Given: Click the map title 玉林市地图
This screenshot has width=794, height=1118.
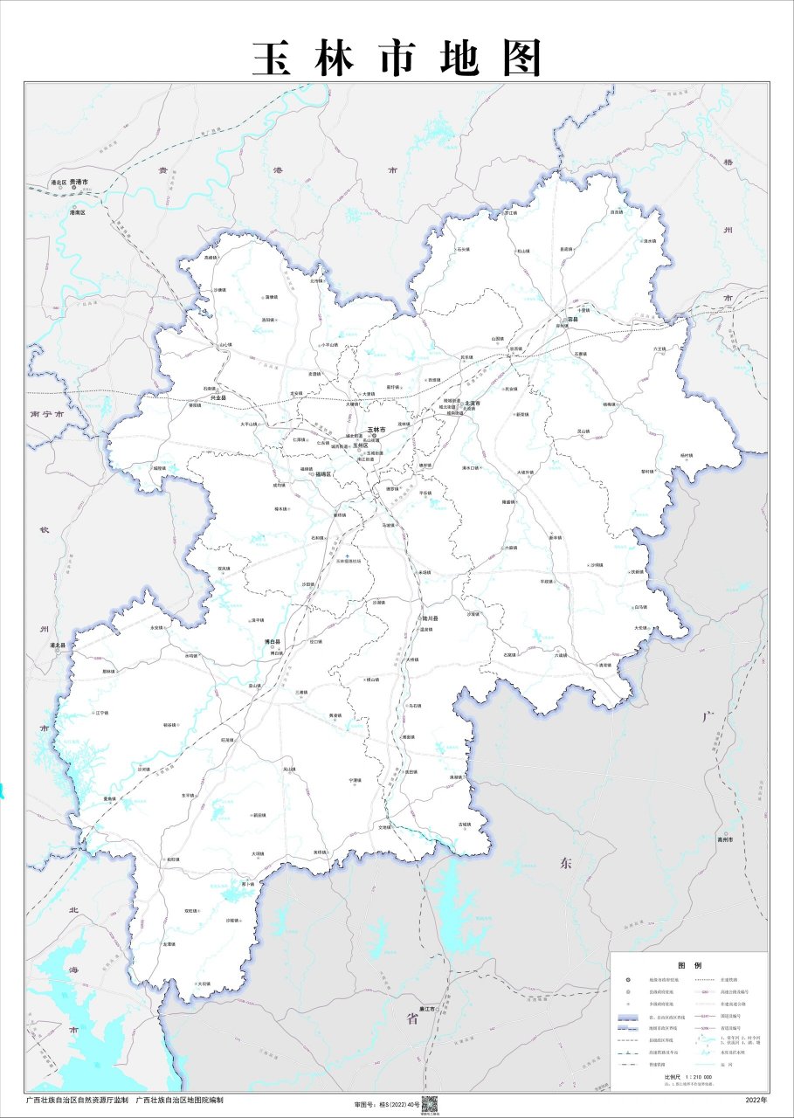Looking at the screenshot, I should [x=397, y=59].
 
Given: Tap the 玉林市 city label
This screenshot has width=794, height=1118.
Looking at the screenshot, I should [x=376, y=430].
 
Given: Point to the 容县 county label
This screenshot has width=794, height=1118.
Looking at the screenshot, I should [x=573, y=320].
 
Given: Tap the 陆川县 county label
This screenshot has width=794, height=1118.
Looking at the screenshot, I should [x=430, y=618].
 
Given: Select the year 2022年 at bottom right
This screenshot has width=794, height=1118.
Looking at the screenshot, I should [x=756, y=1100].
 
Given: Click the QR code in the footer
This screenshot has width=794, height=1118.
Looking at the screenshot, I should [x=429, y=1103].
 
